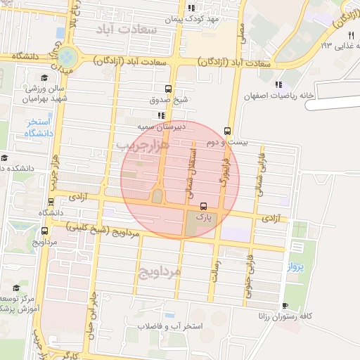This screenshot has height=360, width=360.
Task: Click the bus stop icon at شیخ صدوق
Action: pyautogui.click(x=168, y=89)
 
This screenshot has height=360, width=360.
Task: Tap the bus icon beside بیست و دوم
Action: pyautogui.click(x=227, y=131)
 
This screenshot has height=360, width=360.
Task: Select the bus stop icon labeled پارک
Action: pyautogui.click(x=204, y=207)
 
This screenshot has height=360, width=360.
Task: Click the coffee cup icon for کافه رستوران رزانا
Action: pyautogui.click(x=285, y=305)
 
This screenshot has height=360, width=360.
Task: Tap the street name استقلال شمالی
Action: pyautogui.click(x=193, y=172)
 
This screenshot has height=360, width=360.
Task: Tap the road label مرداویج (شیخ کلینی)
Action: pyautogui.click(x=95, y=229)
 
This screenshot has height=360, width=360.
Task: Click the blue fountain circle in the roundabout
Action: pyautogui.click(x=67, y=56)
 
